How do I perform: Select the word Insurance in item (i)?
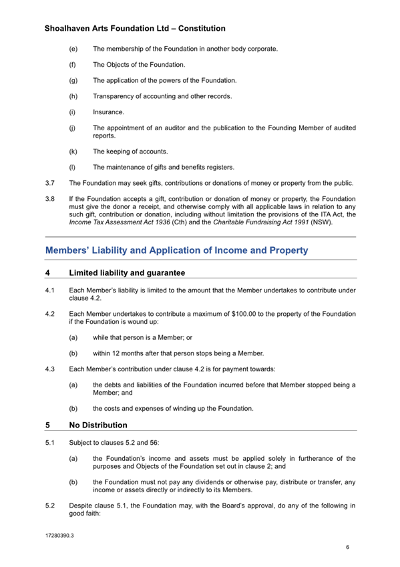coord(108,112)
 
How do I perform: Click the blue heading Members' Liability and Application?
coord(176,251)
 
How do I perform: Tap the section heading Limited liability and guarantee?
coord(127,273)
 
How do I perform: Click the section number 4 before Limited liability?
coord(48,273)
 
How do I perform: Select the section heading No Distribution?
coord(98,425)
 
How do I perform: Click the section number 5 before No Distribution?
coord(48,425)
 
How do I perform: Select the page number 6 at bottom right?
coord(347,548)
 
